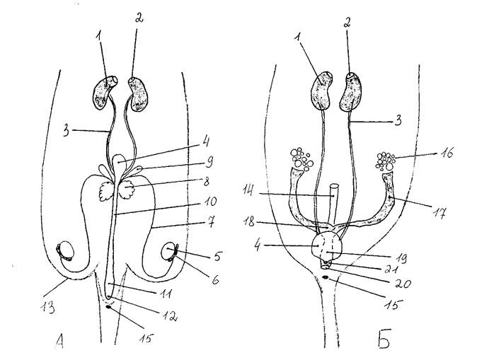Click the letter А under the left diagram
(60, 341)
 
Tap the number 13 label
(47, 307)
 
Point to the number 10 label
(210, 202)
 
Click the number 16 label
(446, 153)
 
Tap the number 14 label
(249, 192)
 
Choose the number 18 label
(249, 222)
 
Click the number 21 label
(391, 269)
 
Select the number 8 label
(206, 182)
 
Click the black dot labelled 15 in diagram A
(108, 307)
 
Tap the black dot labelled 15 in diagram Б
(326, 277)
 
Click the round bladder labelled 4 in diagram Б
(328, 245)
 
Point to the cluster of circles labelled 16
(386, 161)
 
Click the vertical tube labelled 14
(334, 203)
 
